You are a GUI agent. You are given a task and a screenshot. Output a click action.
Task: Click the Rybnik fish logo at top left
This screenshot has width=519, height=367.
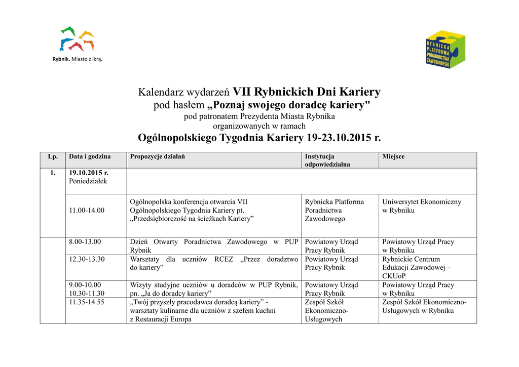point(77,39)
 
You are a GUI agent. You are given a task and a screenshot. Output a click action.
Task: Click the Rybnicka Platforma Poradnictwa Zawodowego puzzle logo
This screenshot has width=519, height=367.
point(445,49)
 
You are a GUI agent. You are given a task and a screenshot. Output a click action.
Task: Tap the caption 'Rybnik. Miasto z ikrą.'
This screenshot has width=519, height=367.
point(78,59)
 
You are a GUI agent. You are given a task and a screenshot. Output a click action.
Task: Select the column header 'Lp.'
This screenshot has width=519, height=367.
point(53,156)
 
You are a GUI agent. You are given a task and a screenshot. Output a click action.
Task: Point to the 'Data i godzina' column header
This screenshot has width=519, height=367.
point(90,156)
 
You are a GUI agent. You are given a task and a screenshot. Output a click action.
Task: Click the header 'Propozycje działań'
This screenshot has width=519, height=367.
point(157,156)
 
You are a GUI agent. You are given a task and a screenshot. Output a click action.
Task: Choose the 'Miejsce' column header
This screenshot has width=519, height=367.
point(393,156)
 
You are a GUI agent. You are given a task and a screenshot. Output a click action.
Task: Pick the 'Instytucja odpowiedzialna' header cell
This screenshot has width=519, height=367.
point(327,160)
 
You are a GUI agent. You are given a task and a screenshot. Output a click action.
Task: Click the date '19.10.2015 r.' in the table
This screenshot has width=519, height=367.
point(89,173)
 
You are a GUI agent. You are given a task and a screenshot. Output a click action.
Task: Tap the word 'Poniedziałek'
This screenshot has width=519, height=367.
point(88,181)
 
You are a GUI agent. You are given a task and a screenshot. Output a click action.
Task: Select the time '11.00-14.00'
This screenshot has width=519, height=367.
point(87,210)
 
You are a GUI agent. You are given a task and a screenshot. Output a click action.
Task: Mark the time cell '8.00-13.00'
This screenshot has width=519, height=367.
point(85,241)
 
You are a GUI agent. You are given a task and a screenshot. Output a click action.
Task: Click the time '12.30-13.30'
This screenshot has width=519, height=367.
point(87,259)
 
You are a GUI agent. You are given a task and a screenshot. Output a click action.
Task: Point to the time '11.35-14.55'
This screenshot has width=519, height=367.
point(87,302)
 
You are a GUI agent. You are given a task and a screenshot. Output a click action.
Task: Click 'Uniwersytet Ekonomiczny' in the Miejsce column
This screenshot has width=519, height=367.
point(422,201)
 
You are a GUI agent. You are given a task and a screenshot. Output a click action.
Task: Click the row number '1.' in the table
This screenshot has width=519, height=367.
point(53,173)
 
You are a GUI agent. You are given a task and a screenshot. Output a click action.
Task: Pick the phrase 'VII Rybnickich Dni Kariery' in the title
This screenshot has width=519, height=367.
point(306,92)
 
